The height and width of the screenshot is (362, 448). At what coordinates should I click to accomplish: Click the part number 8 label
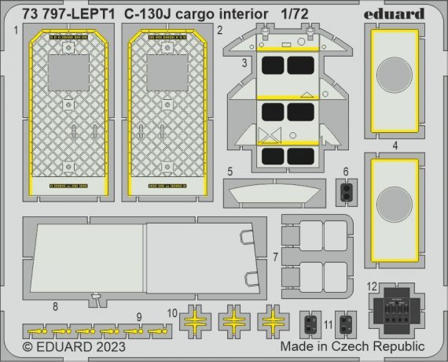55,305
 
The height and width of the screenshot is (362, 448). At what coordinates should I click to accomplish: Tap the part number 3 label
244,61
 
